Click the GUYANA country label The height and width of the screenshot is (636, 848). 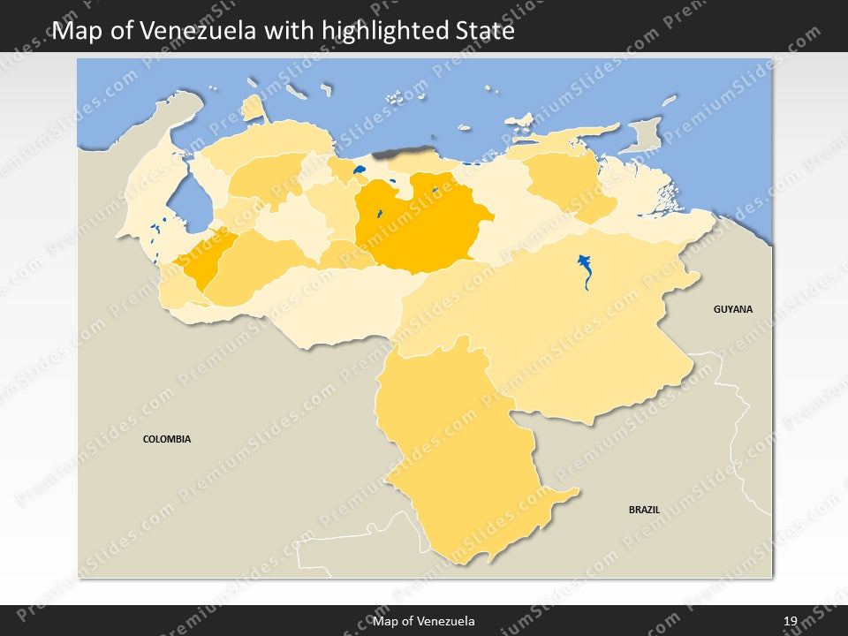point(733,309)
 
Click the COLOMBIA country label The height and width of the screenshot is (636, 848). point(167,439)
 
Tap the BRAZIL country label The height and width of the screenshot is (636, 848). point(644,510)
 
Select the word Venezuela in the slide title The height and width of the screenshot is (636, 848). point(200,32)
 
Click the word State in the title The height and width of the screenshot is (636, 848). point(481,32)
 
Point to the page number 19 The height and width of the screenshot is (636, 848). point(791,621)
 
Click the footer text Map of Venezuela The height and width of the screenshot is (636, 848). point(424,621)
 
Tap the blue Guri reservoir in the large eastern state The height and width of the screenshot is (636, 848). point(585,269)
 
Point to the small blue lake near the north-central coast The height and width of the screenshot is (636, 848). point(359,170)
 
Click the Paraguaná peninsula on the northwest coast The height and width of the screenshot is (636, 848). point(254,109)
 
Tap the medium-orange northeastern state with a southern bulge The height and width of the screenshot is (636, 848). point(565,181)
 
